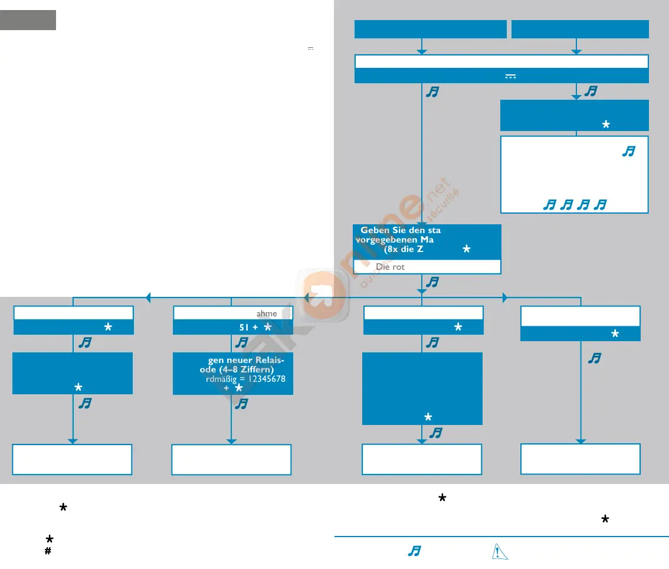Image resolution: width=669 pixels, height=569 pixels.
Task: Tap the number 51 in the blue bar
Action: click(x=238, y=327)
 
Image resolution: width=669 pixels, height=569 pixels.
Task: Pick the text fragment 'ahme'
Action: click(x=266, y=313)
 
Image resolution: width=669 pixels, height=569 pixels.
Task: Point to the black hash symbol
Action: click(x=48, y=550)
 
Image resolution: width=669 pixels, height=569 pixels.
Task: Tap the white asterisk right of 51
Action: click(x=267, y=327)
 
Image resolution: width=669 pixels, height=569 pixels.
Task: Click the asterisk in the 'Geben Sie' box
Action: click(x=467, y=250)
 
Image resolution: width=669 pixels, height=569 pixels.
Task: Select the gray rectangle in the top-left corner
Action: click(x=28, y=19)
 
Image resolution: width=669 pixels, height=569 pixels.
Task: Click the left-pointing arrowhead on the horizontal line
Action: click(x=148, y=297)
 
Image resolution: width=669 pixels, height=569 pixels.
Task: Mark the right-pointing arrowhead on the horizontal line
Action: click(x=505, y=297)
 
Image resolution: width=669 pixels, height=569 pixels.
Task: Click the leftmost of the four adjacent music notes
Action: click(x=549, y=205)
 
